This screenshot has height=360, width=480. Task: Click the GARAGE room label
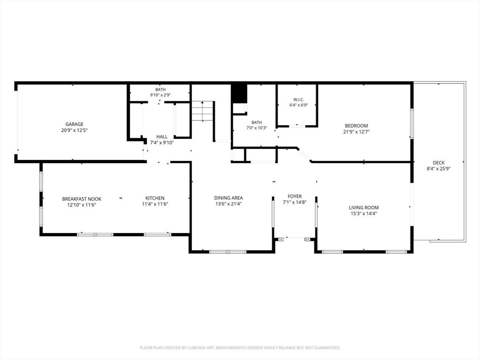tap(74, 124)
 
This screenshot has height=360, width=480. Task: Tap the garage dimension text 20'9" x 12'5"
tap(75, 130)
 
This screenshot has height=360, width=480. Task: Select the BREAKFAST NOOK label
tap(82, 199)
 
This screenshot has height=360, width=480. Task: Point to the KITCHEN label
tap(155, 198)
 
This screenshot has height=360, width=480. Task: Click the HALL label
tap(162, 137)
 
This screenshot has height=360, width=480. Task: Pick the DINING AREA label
tap(228, 198)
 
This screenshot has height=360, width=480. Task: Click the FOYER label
tap(295, 196)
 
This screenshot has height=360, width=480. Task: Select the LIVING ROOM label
tap(364, 208)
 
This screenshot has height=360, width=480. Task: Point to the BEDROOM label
tap(356, 126)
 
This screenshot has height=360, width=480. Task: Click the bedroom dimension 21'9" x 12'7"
tap(356, 132)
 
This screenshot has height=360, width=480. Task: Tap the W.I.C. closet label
tap(299, 100)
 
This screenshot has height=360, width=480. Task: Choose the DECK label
tap(439, 163)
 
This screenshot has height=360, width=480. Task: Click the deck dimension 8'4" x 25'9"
tap(439, 169)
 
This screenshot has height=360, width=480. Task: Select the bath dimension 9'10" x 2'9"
tap(160, 95)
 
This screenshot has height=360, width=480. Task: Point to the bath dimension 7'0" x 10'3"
tap(257, 128)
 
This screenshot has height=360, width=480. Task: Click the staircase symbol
tap(202, 111)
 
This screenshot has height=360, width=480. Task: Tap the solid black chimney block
tap(239, 94)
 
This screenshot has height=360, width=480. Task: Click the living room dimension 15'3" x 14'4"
tap(364, 214)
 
